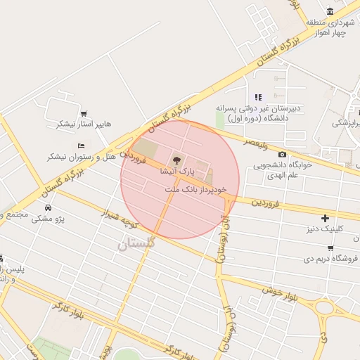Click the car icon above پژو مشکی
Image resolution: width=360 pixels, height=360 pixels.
point(48,208)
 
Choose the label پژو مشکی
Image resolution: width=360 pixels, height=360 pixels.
point(48,219)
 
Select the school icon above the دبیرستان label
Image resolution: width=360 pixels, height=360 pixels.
point(258,96)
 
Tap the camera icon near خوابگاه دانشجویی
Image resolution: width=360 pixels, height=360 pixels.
point(282,154)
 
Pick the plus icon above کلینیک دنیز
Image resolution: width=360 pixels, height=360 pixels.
point(324,218)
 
